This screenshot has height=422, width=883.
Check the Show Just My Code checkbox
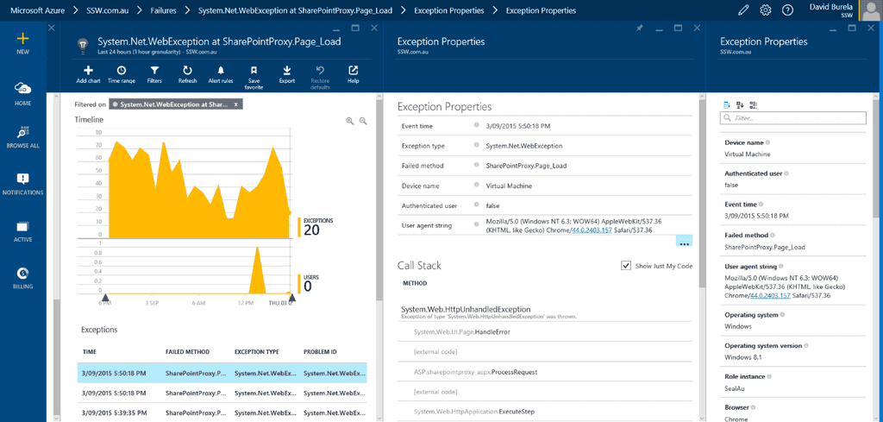[x=626, y=266]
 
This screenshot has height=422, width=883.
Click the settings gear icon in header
[x=765, y=9]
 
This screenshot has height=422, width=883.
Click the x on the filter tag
[x=235, y=104]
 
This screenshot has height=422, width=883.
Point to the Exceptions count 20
[x=311, y=230]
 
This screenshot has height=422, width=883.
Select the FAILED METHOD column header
[x=187, y=352]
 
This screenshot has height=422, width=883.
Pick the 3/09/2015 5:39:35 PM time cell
[x=114, y=412]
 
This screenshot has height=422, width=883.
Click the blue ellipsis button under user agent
[x=684, y=241]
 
